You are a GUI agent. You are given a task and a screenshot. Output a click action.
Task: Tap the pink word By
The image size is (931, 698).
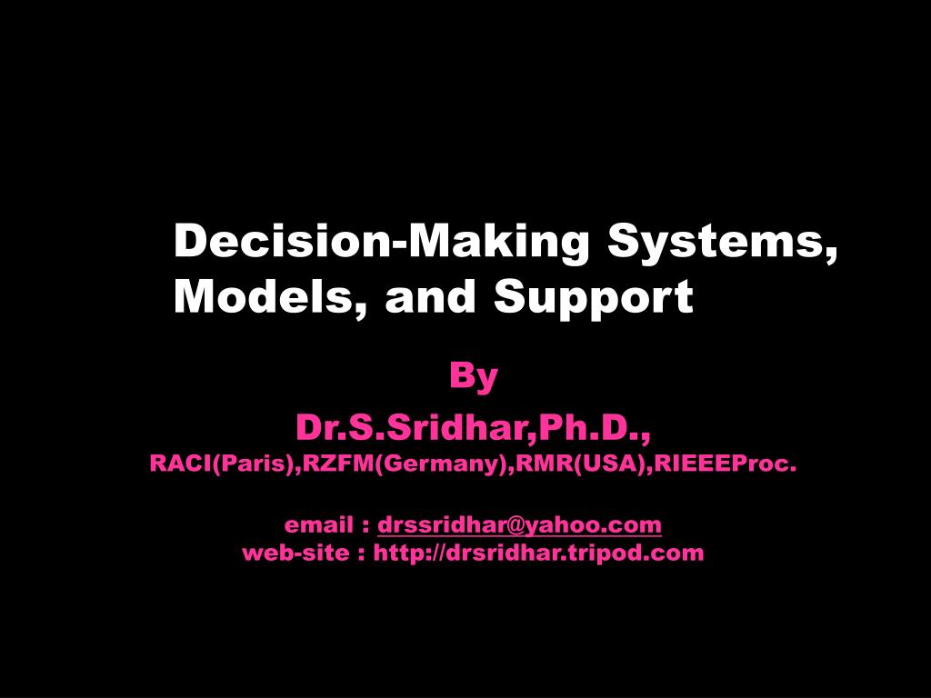pos(474,376)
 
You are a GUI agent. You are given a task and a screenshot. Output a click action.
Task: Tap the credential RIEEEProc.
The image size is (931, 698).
pos(726,464)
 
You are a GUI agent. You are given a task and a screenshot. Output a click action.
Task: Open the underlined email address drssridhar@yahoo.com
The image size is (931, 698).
pos(519,525)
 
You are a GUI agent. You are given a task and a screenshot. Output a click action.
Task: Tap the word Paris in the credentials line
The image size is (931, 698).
pos(264,464)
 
